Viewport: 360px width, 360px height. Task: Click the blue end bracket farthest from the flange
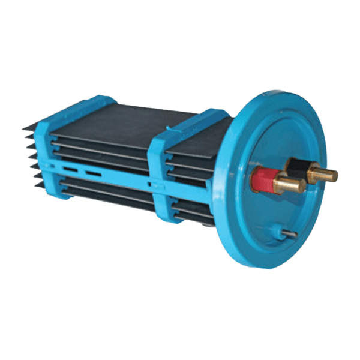pos(47,156)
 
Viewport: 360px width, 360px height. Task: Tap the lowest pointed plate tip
pos(32,184)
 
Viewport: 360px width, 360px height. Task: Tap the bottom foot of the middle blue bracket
pos(161,217)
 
